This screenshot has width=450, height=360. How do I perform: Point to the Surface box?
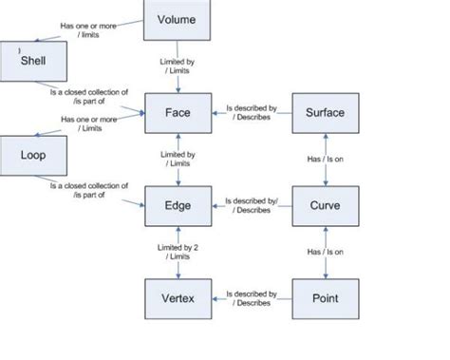(x=326, y=113)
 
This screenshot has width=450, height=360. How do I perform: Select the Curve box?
(x=326, y=206)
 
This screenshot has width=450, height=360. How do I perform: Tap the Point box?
(x=326, y=298)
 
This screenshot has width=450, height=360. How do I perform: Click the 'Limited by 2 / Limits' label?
(x=178, y=251)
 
